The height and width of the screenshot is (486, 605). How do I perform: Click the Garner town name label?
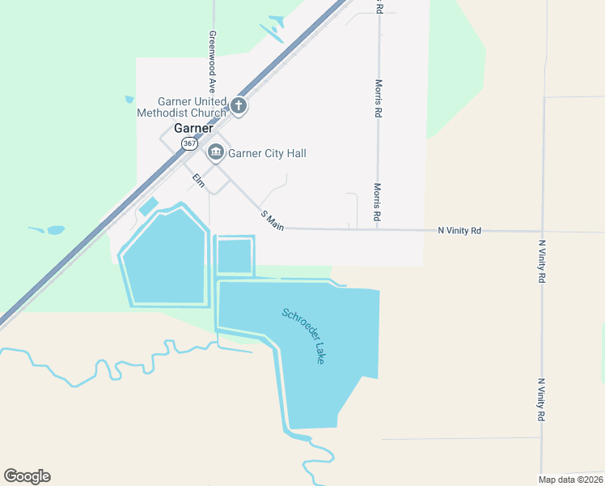(193, 129)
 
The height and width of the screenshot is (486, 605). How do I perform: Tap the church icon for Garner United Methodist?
(239, 105)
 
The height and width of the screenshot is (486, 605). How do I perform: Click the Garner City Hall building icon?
(216, 152)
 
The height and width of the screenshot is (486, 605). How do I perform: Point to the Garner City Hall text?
(268, 153)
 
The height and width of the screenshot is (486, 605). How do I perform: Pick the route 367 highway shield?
(188, 143)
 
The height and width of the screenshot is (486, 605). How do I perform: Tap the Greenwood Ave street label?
(213, 61)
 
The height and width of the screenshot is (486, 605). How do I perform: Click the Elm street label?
(197, 179)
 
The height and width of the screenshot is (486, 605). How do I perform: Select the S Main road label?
(272, 220)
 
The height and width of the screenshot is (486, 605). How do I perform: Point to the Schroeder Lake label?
(303, 335)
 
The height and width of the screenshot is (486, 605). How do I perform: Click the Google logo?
(27, 476)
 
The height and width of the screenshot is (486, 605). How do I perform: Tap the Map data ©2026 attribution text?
(570, 480)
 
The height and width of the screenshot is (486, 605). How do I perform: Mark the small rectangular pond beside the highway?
(149, 207)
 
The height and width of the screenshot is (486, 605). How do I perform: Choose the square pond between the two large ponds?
(235, 256)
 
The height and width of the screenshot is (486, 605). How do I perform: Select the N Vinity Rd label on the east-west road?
(459, 231)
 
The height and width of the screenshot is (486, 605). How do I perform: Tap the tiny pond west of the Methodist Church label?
(129, 100)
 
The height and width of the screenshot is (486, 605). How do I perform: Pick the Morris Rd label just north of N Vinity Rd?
(377, 202)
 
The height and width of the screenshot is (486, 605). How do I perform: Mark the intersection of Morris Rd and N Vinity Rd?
(377, 230)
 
